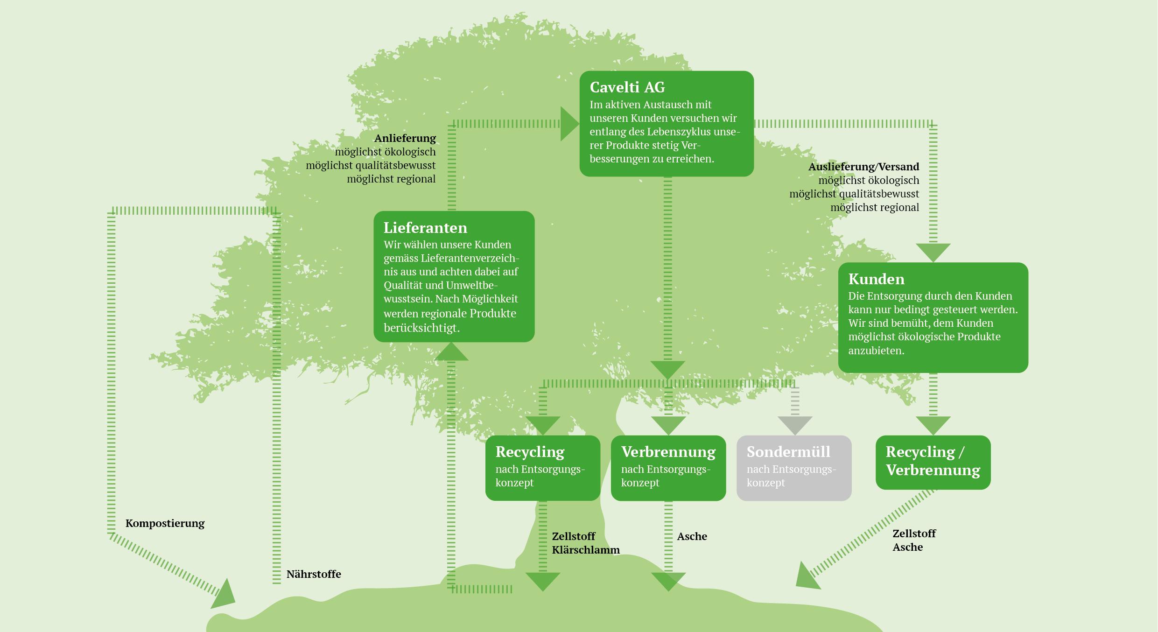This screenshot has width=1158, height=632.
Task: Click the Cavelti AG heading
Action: pos(627,87)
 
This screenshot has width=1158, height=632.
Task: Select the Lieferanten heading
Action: pos(425,228)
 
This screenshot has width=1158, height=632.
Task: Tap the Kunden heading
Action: pos(876,279)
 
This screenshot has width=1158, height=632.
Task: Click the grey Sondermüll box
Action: pos(793,468)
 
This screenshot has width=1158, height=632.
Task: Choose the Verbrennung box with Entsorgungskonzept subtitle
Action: pos(668,468)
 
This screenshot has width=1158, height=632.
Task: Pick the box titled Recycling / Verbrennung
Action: pos(933,462)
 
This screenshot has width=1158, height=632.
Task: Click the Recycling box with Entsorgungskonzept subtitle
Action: pos(542,468)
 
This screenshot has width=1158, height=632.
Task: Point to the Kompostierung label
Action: pos(165,523)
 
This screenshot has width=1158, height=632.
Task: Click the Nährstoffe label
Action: pos(314,574)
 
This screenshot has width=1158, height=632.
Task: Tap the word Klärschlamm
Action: pos(586,550)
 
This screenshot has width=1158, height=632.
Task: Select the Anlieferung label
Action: pos(405,138)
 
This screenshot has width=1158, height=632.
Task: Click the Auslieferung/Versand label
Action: pos(863,167)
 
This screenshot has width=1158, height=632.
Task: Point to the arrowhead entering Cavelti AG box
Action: pos(568,124)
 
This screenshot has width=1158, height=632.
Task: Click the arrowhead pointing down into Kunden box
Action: pos(933,251)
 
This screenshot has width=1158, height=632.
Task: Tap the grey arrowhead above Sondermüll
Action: pos(795,424)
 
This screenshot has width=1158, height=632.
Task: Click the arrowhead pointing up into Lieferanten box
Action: pos(451,353)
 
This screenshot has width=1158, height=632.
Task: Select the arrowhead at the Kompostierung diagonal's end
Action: pos(223,596)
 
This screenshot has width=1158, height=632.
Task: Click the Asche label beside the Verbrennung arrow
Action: pos(692,536)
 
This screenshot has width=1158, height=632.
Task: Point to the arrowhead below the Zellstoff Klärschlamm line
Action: pos(542,580)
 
